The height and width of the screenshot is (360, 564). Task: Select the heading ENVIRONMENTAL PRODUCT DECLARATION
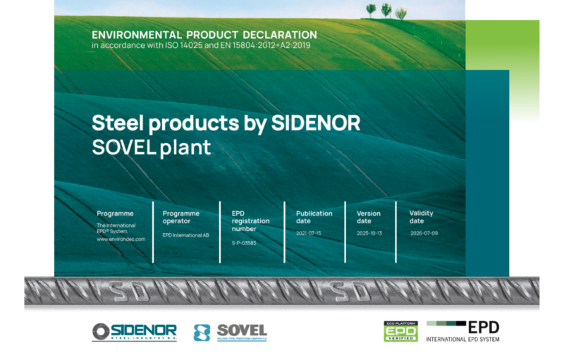pyautogui.click(x=204, y=35)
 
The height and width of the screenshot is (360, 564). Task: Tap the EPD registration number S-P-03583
pyautogui.click(x=244, y=242)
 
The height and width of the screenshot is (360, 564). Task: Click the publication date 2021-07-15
pyautogui.click(x=309, y=232)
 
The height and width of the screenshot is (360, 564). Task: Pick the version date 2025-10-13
pyautogui.click(x=369, y=232)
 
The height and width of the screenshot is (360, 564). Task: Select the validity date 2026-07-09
pyautogui.click(x=424, y=232)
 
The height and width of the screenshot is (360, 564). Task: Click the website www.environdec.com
pyautogui.click(x=121, y=239)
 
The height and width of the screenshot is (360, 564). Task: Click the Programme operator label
pyautogui.click(x=181, y=217)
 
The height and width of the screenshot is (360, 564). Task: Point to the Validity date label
pyautogui.click(x=421, y=217)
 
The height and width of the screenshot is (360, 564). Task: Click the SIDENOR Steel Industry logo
pyautogui.click(x=134, y=332)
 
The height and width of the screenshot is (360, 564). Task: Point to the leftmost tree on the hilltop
pyautogui.click(x=371, y=9)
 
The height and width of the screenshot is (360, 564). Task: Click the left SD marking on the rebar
pyautogui.click(x=131, y=290)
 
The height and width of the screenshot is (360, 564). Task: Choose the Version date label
pyautogui.click(x=369, y=217)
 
